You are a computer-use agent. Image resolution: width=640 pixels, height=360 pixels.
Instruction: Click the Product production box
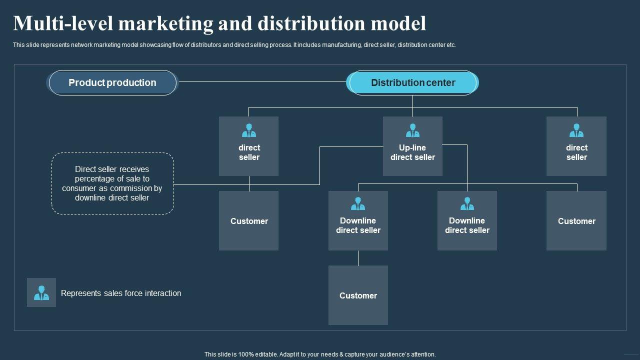(112, 82)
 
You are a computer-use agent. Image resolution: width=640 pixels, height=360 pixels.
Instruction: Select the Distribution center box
(412, 82)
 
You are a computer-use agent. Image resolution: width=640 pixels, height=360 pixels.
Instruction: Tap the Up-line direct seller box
(412, 152)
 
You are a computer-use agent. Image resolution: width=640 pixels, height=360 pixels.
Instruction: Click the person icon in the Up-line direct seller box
(412, 130)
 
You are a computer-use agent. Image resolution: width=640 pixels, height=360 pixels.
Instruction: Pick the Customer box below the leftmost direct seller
(249, 221)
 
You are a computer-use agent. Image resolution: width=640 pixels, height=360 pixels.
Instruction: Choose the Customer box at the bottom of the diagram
(358, 295)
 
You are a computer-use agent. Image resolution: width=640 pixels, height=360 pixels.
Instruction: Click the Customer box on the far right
(576, 221)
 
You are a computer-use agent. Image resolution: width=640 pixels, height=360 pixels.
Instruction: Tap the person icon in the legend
(41, 292)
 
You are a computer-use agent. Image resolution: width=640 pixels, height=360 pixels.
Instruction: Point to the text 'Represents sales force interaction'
(121, 293)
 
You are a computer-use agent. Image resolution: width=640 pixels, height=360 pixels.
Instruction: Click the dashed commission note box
(112, 183)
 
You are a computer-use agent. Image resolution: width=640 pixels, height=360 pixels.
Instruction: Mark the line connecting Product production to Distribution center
(262, 81)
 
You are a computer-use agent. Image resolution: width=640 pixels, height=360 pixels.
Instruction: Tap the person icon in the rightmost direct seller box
(576, 130)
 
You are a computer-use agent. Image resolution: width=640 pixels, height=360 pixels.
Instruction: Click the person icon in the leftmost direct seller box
(249, 130)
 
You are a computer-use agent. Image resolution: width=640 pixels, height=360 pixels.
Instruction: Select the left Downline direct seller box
(358, 225)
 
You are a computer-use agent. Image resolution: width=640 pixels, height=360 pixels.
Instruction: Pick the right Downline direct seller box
(467, 225)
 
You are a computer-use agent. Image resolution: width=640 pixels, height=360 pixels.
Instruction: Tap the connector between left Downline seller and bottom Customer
(358, 258)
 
